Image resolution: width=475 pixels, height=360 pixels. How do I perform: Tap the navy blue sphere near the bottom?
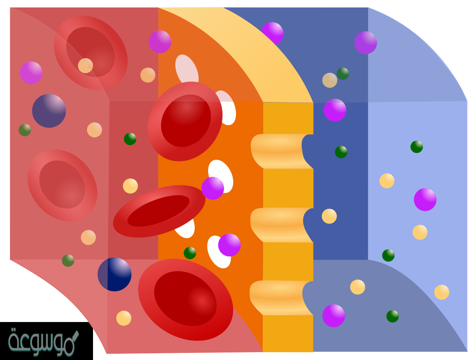pyautogui.click(x=114, y=275)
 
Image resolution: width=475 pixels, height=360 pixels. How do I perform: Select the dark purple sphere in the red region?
pyautogui.click(x=49, y=111)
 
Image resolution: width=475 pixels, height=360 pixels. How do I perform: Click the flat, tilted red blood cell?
pyautogui.click(x=159, y=211)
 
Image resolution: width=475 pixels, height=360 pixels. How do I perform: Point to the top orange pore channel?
pyautogui.click(x=279, y=151)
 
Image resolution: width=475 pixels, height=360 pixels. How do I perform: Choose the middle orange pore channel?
pyautogui.click(x=279, y=224)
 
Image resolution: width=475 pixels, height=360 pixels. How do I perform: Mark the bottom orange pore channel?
pyautogui.click(x=279, y=297)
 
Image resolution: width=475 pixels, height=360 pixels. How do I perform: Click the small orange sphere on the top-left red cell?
pyautogui.click(x=85, y=66)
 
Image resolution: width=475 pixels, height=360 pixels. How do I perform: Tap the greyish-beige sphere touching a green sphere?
pyautogui.click(x=330, y=80)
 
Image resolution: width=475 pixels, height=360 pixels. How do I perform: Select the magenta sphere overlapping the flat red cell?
pyautogui.click(x=213, y=188)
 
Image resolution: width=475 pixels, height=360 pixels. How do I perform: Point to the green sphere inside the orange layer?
pyautogui.click(x=190, y=253)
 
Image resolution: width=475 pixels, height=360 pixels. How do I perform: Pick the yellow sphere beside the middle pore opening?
pyautogui.click(x=329, y=216)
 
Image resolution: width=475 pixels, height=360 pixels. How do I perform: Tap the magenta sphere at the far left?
pyautogui.click(x=31, y=73)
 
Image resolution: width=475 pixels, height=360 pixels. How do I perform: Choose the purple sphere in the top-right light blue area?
pyautogui.click(x=366, y=43)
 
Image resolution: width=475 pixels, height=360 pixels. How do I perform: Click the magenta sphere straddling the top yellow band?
pyautogui.click(x=273, y=32)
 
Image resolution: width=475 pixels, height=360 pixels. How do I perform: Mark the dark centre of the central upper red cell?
pyautogui.click(x=186, y=121)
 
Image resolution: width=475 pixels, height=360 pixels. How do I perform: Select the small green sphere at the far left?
pyautogui.click(x=25, y=130)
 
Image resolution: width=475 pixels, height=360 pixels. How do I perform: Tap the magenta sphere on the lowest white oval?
pyautogui.click(x=229, y=245)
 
